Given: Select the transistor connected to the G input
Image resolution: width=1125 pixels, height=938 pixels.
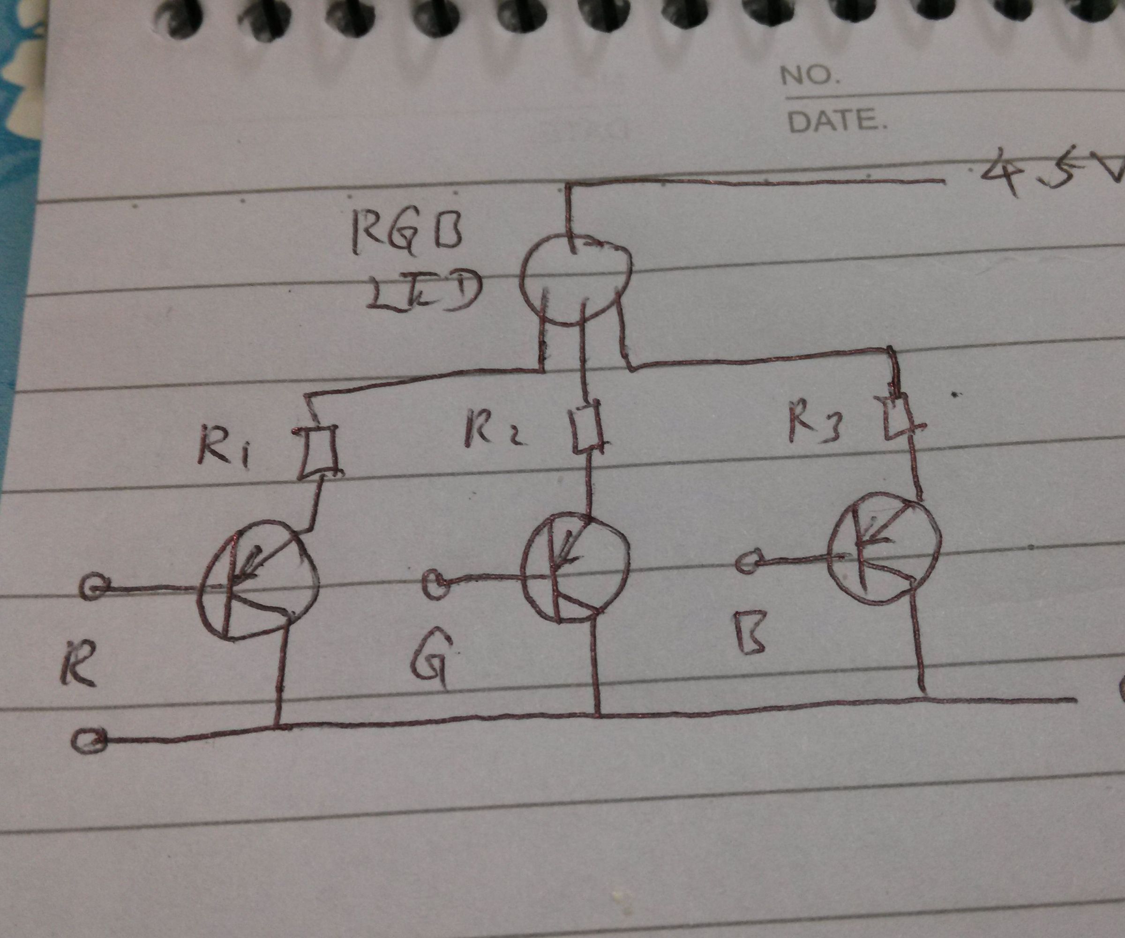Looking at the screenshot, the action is (x=575, y=568).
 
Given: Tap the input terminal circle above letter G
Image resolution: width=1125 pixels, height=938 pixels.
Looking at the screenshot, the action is (x=436, y=583).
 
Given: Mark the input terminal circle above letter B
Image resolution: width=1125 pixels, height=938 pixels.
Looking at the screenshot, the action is (x=748, y=562).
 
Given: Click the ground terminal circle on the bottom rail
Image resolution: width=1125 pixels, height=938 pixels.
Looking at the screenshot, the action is (x=89, y=741).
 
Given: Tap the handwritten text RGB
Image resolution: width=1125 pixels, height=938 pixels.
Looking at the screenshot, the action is (x=407, y=236).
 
